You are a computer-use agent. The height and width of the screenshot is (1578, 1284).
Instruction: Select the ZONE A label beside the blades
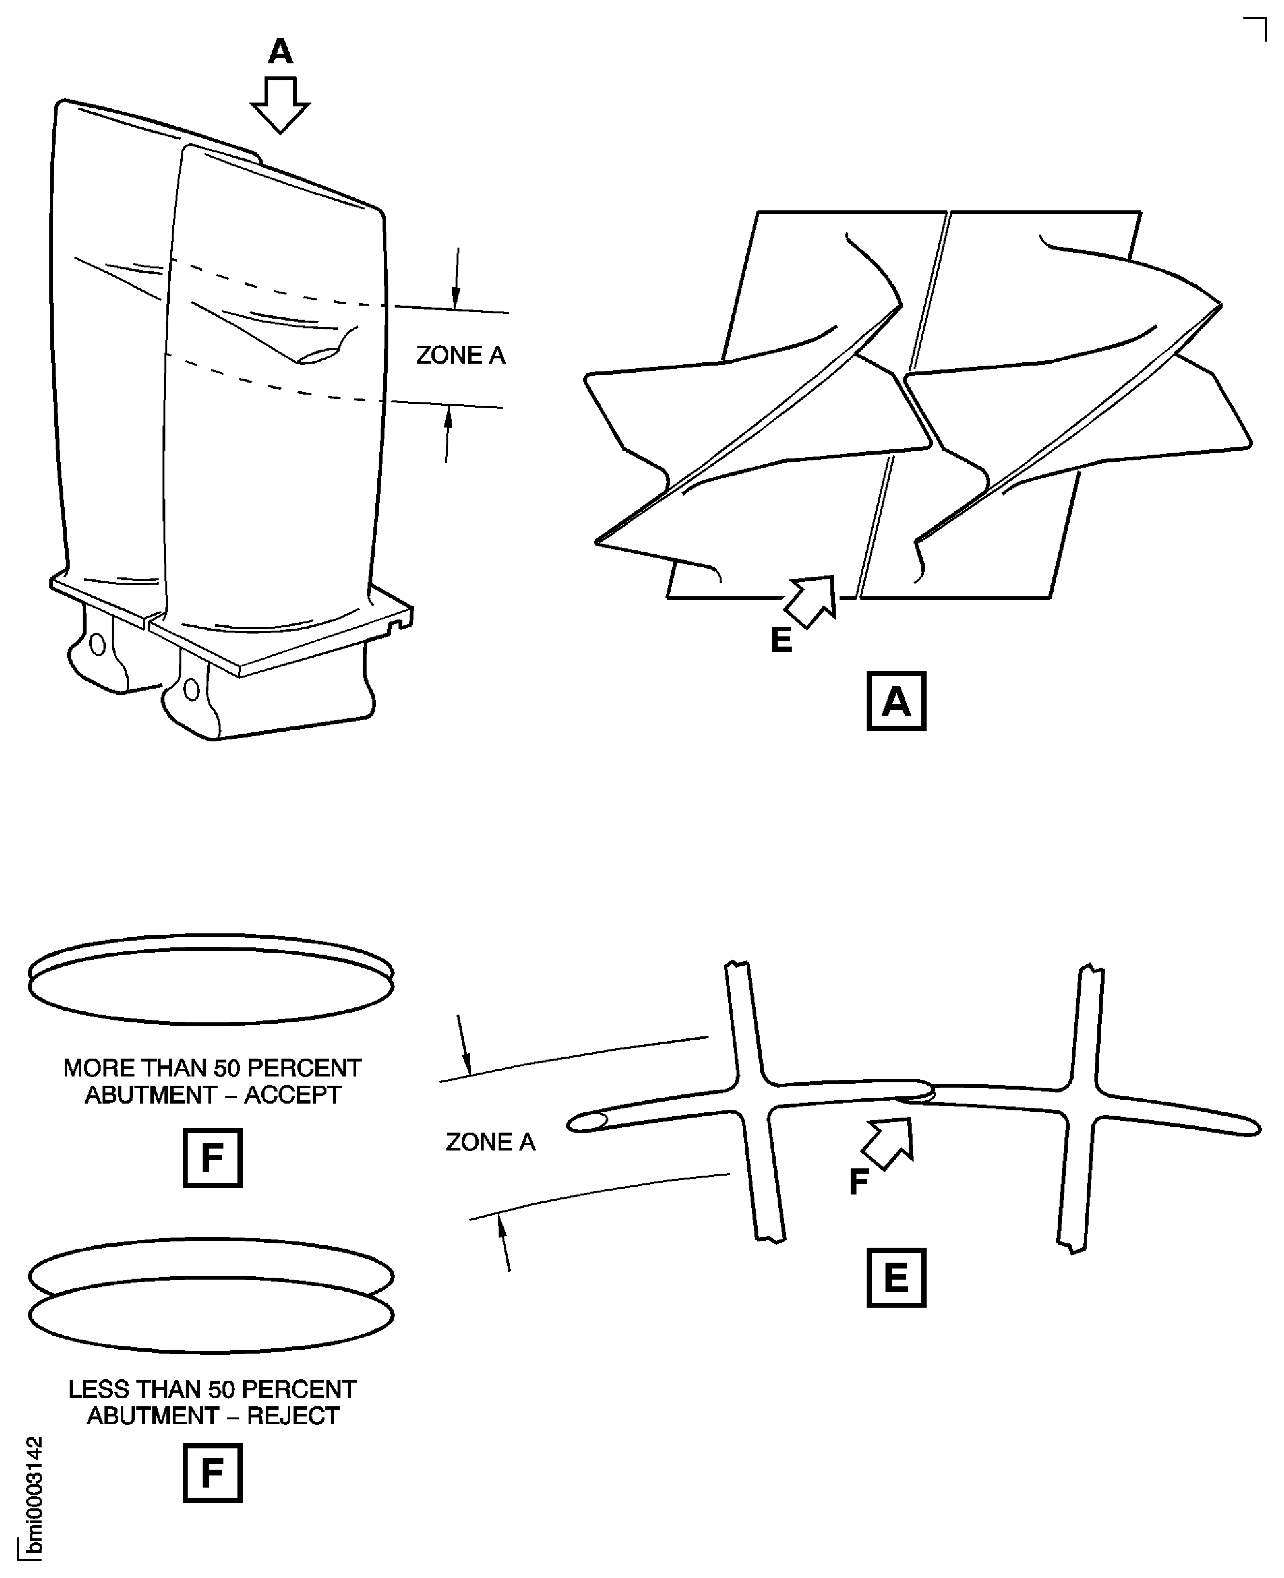point(460,355)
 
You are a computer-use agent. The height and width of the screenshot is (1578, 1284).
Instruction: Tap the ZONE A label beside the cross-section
point(489,1142)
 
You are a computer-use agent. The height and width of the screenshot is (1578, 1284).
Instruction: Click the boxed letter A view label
point(896,701)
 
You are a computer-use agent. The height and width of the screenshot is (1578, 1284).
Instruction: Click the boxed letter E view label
point(896,1278)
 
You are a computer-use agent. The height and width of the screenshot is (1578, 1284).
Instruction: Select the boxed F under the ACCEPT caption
point(212,1158)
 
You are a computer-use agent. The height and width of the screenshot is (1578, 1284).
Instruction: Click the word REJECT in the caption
point(293,1416)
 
